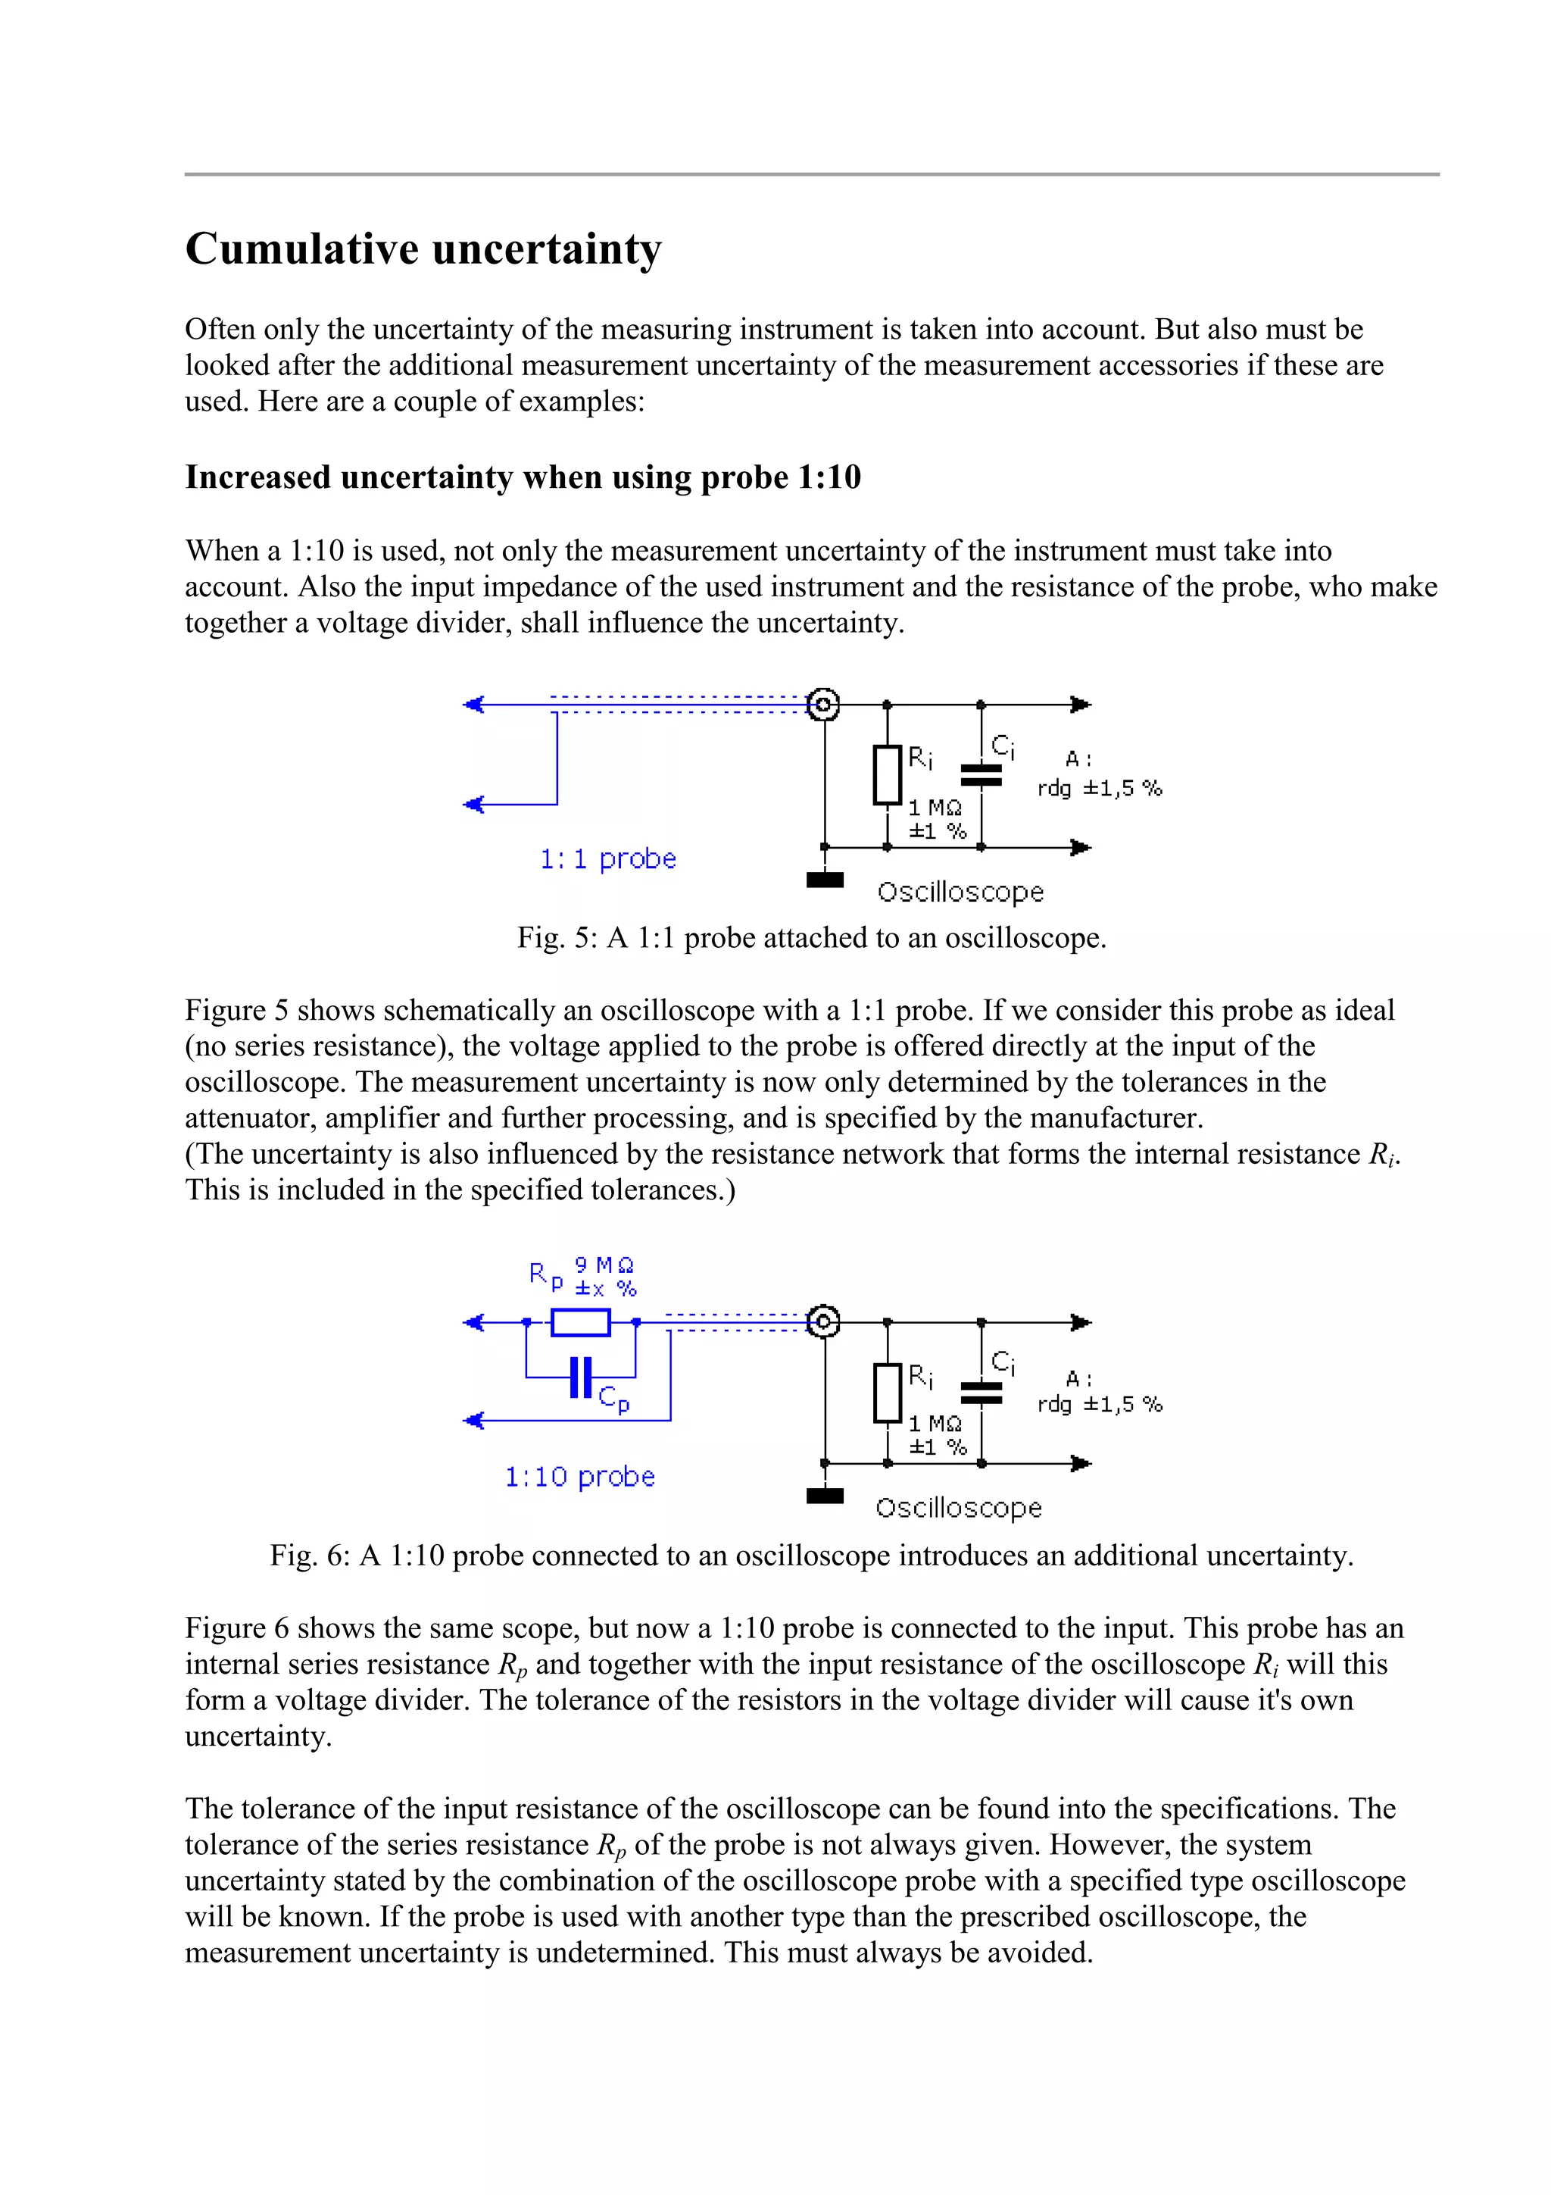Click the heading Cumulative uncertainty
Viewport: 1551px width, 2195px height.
coord(423,249)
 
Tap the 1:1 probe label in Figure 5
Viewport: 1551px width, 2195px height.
coord(608,858)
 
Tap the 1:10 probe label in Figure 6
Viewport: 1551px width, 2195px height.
coord(580,1476)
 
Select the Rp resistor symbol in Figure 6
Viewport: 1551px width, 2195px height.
coord(580,1322)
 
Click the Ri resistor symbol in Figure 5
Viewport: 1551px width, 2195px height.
coord(887,775)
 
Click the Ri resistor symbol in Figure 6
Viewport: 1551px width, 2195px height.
coord(887,1393)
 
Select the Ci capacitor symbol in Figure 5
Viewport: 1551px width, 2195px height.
coord(981,774)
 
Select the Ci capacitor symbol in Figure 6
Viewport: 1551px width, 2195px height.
coord(981,1392)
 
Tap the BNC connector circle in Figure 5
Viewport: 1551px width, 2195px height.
coord(822,705)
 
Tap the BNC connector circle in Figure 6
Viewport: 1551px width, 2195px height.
coord(822,1322)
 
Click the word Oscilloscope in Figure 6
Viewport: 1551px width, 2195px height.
coord(959,1508)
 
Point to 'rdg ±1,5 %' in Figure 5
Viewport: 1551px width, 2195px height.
coord(1099,789)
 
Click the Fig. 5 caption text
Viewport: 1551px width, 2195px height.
coord(811,937)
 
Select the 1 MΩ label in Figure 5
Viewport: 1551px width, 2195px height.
coord(935,808)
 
